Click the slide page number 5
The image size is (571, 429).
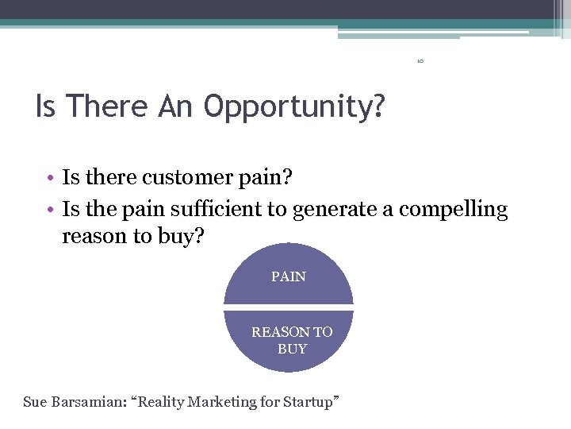[x=421, y=60]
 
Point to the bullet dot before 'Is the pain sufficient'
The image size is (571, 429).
[x=50, y=210]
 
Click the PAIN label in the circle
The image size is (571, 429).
[x=289, y=276]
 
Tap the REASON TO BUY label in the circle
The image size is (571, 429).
[x=292, y=340]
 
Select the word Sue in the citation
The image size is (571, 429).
[x=35, y=402]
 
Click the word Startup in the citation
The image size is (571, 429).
[x=311, y=402]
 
